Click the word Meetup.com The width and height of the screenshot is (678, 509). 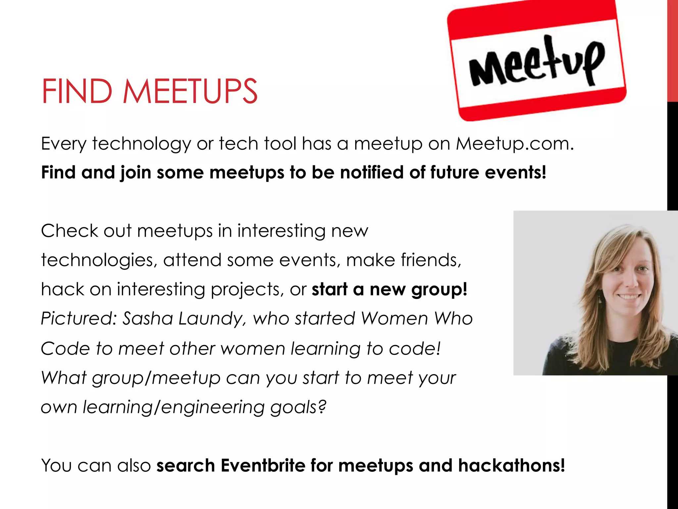pos(515,144)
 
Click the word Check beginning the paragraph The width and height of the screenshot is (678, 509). pos(70,231)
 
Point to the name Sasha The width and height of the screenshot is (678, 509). pos(148,318)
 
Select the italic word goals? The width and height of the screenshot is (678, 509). pos(298,407)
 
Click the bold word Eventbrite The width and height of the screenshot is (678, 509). pos(263,465)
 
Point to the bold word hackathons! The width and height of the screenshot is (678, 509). pos(511,465)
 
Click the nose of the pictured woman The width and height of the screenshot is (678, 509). pos(631,282)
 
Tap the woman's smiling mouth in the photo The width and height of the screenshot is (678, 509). pos(628,297)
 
